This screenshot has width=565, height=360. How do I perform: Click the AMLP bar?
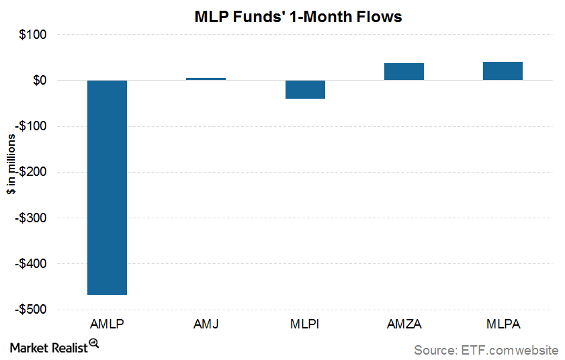point(107,187)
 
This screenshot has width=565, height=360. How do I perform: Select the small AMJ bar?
point(206,79)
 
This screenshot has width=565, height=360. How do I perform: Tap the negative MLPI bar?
point(304,89)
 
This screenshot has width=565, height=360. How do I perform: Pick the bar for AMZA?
point(404,71)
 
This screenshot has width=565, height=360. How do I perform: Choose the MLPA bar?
point(503,71)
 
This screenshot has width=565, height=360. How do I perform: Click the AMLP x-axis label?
point(107,324)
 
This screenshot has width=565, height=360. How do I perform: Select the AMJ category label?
point(206,324)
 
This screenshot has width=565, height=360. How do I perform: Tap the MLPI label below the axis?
point(304,324)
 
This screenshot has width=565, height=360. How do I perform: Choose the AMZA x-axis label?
point(404,324)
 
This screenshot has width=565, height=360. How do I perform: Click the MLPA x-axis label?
point(503,324)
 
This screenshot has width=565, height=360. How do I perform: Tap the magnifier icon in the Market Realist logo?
point(93,343)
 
